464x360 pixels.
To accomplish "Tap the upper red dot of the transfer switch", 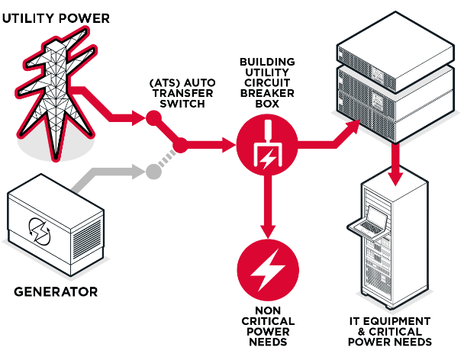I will (153, 118).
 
